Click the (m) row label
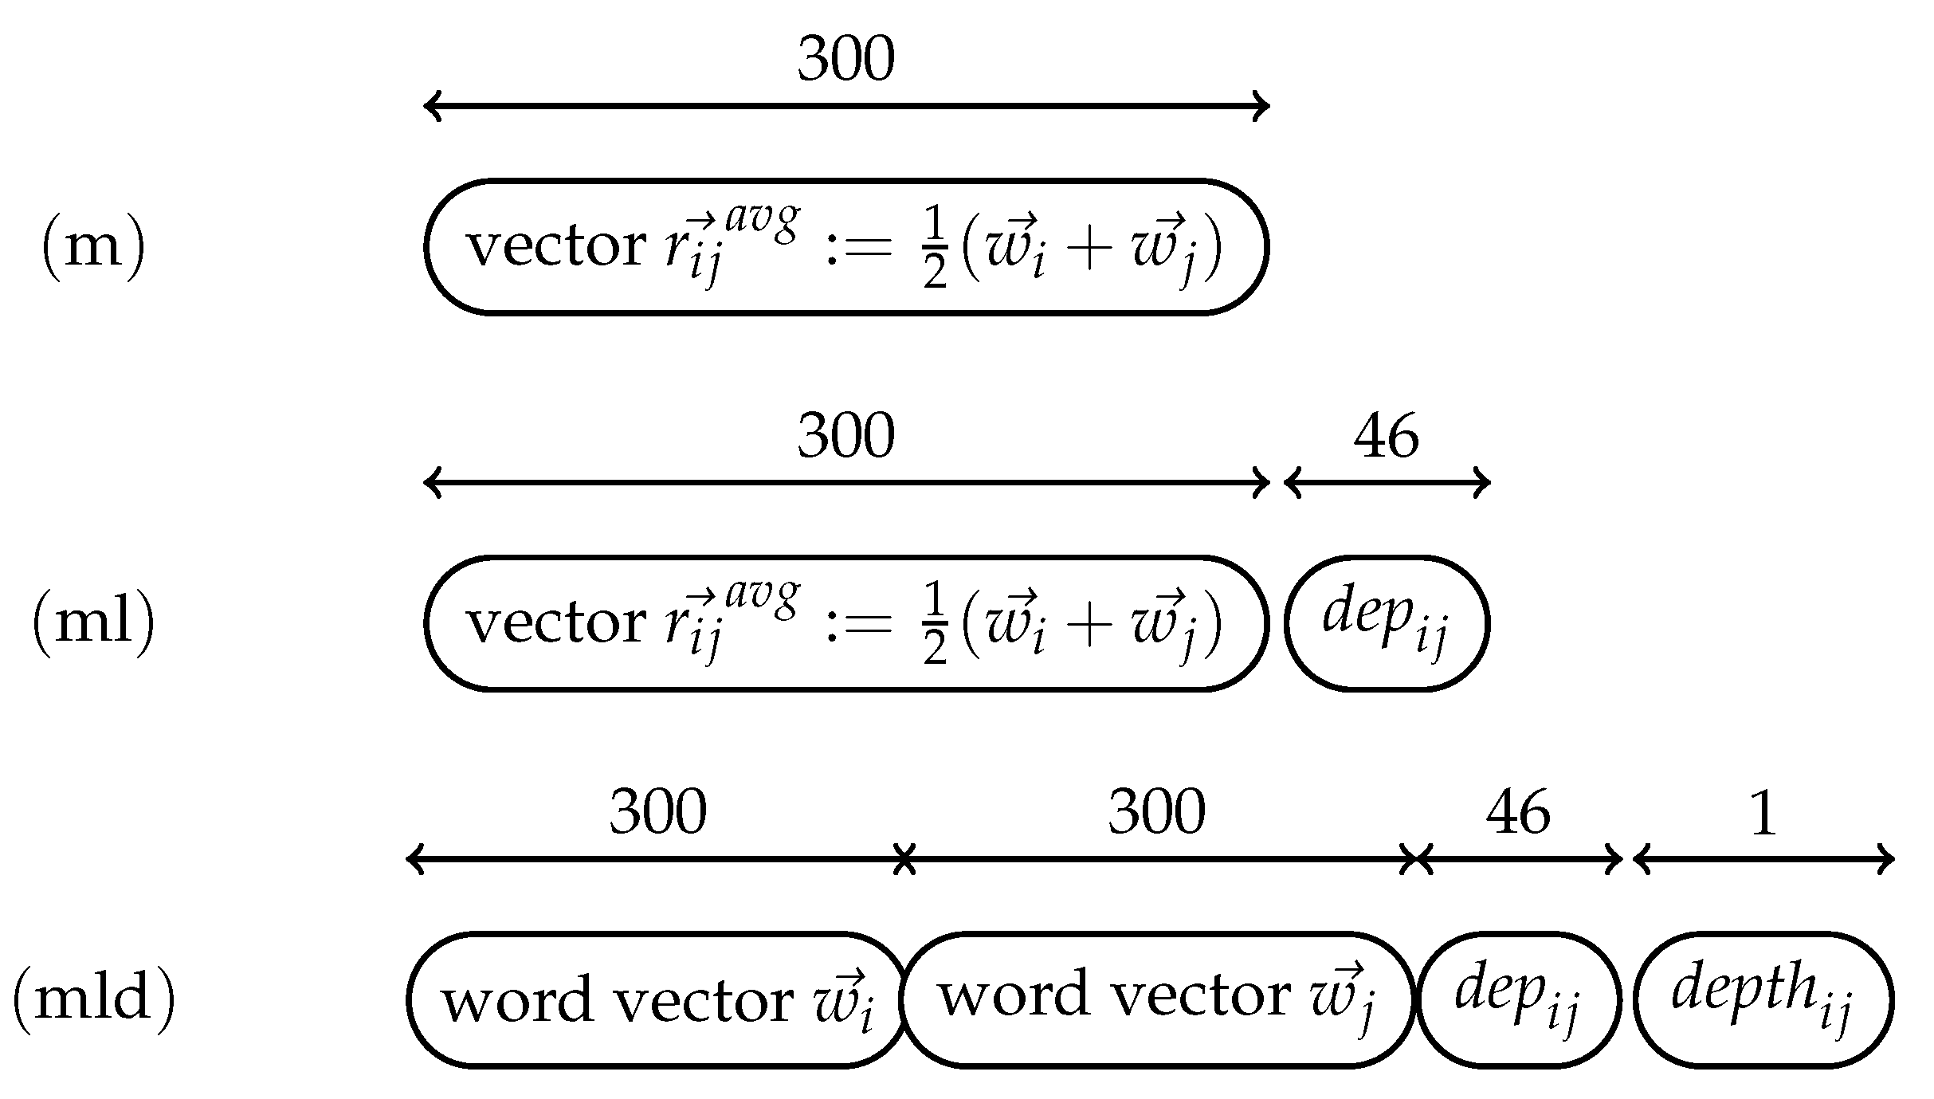click(93, 246)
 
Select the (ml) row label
click(93, 622)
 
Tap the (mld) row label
click(93, 999)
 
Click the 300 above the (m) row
click(845, 61)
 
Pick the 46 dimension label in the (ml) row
click(1386, 437)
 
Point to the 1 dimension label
click(1762, 814)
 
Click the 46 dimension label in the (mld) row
click(1518, 814)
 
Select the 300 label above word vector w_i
click(657, 814)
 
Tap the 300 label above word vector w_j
click(1156, 814)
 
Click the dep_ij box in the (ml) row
click(1387, 623)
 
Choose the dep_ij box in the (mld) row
click(1518, 999)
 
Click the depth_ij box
click(1763, 999)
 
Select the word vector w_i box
click(657, 999)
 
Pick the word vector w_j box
click(1157, 999)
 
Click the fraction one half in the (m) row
click(935, 249)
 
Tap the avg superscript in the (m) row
click(761, 221)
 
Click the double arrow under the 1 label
click(1763, 860)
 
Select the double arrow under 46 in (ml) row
click(1387, 483)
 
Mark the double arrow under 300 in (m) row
click(845, 106)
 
